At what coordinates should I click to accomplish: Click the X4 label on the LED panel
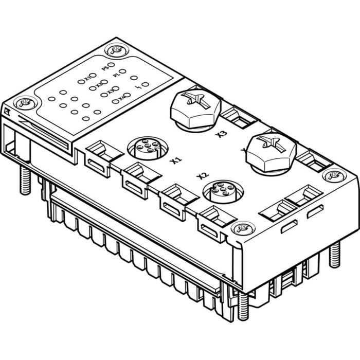[x=121, y=98]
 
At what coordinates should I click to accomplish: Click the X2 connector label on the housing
[x=202, y=177]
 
